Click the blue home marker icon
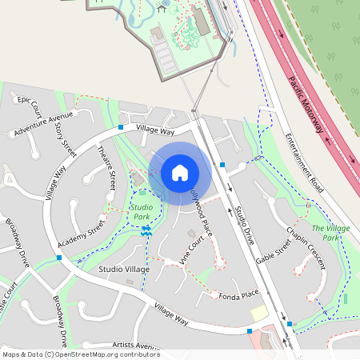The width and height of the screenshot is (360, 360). (180, 173)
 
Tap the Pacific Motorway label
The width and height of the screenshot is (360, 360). (306, 104)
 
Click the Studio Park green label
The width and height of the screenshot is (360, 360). (141, 212)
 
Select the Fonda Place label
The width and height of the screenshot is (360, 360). (238, 295)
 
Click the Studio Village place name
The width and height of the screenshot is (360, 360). (124, 270)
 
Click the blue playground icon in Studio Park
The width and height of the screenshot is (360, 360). (146, 230)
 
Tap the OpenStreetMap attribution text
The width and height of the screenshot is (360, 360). (81, 354)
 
